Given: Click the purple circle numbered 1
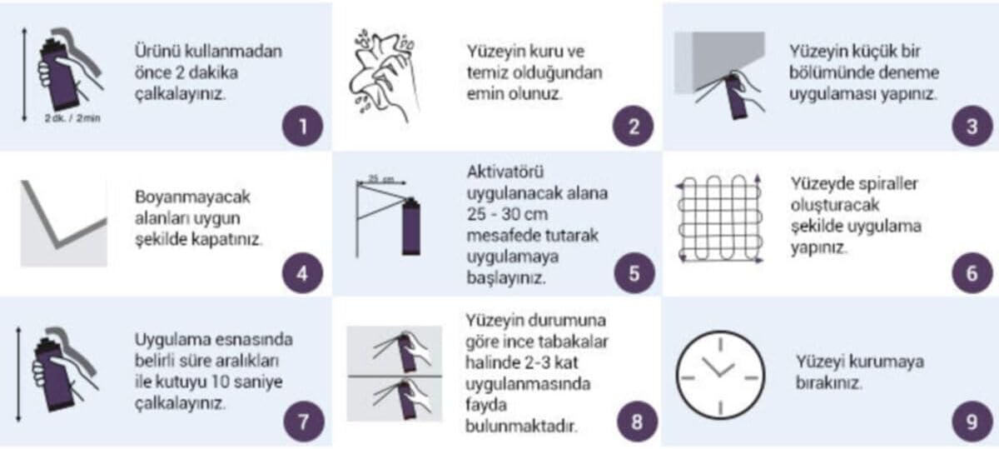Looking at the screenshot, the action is tap(302, 127).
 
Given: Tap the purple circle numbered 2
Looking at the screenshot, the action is tap(634, 127).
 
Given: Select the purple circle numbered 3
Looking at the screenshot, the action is tap(972, 127).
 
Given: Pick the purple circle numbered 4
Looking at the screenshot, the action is tap(302, 273).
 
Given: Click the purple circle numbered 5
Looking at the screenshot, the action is tap(634, 273).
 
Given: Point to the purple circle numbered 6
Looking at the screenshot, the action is tap(972, 273).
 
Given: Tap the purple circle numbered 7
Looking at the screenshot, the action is tap(303, 422).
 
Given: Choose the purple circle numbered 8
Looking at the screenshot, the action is tap(638, 422).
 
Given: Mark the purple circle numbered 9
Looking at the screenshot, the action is tap(972, 422).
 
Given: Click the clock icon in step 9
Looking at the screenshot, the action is tap(721, 375).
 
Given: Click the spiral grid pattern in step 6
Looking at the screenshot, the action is tap(719, 218).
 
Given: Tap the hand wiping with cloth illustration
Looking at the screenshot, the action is tap(384, 77).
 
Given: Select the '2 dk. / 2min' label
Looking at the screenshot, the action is tap(72, 118).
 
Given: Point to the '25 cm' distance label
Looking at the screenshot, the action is tap(381, 179).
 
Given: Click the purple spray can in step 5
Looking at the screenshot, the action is tap(411, 227).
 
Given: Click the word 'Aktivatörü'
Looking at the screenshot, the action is tap(505, 172).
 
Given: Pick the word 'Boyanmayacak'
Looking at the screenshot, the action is tap(192, 197).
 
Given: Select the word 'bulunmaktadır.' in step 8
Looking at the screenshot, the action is tap(521, 427).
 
